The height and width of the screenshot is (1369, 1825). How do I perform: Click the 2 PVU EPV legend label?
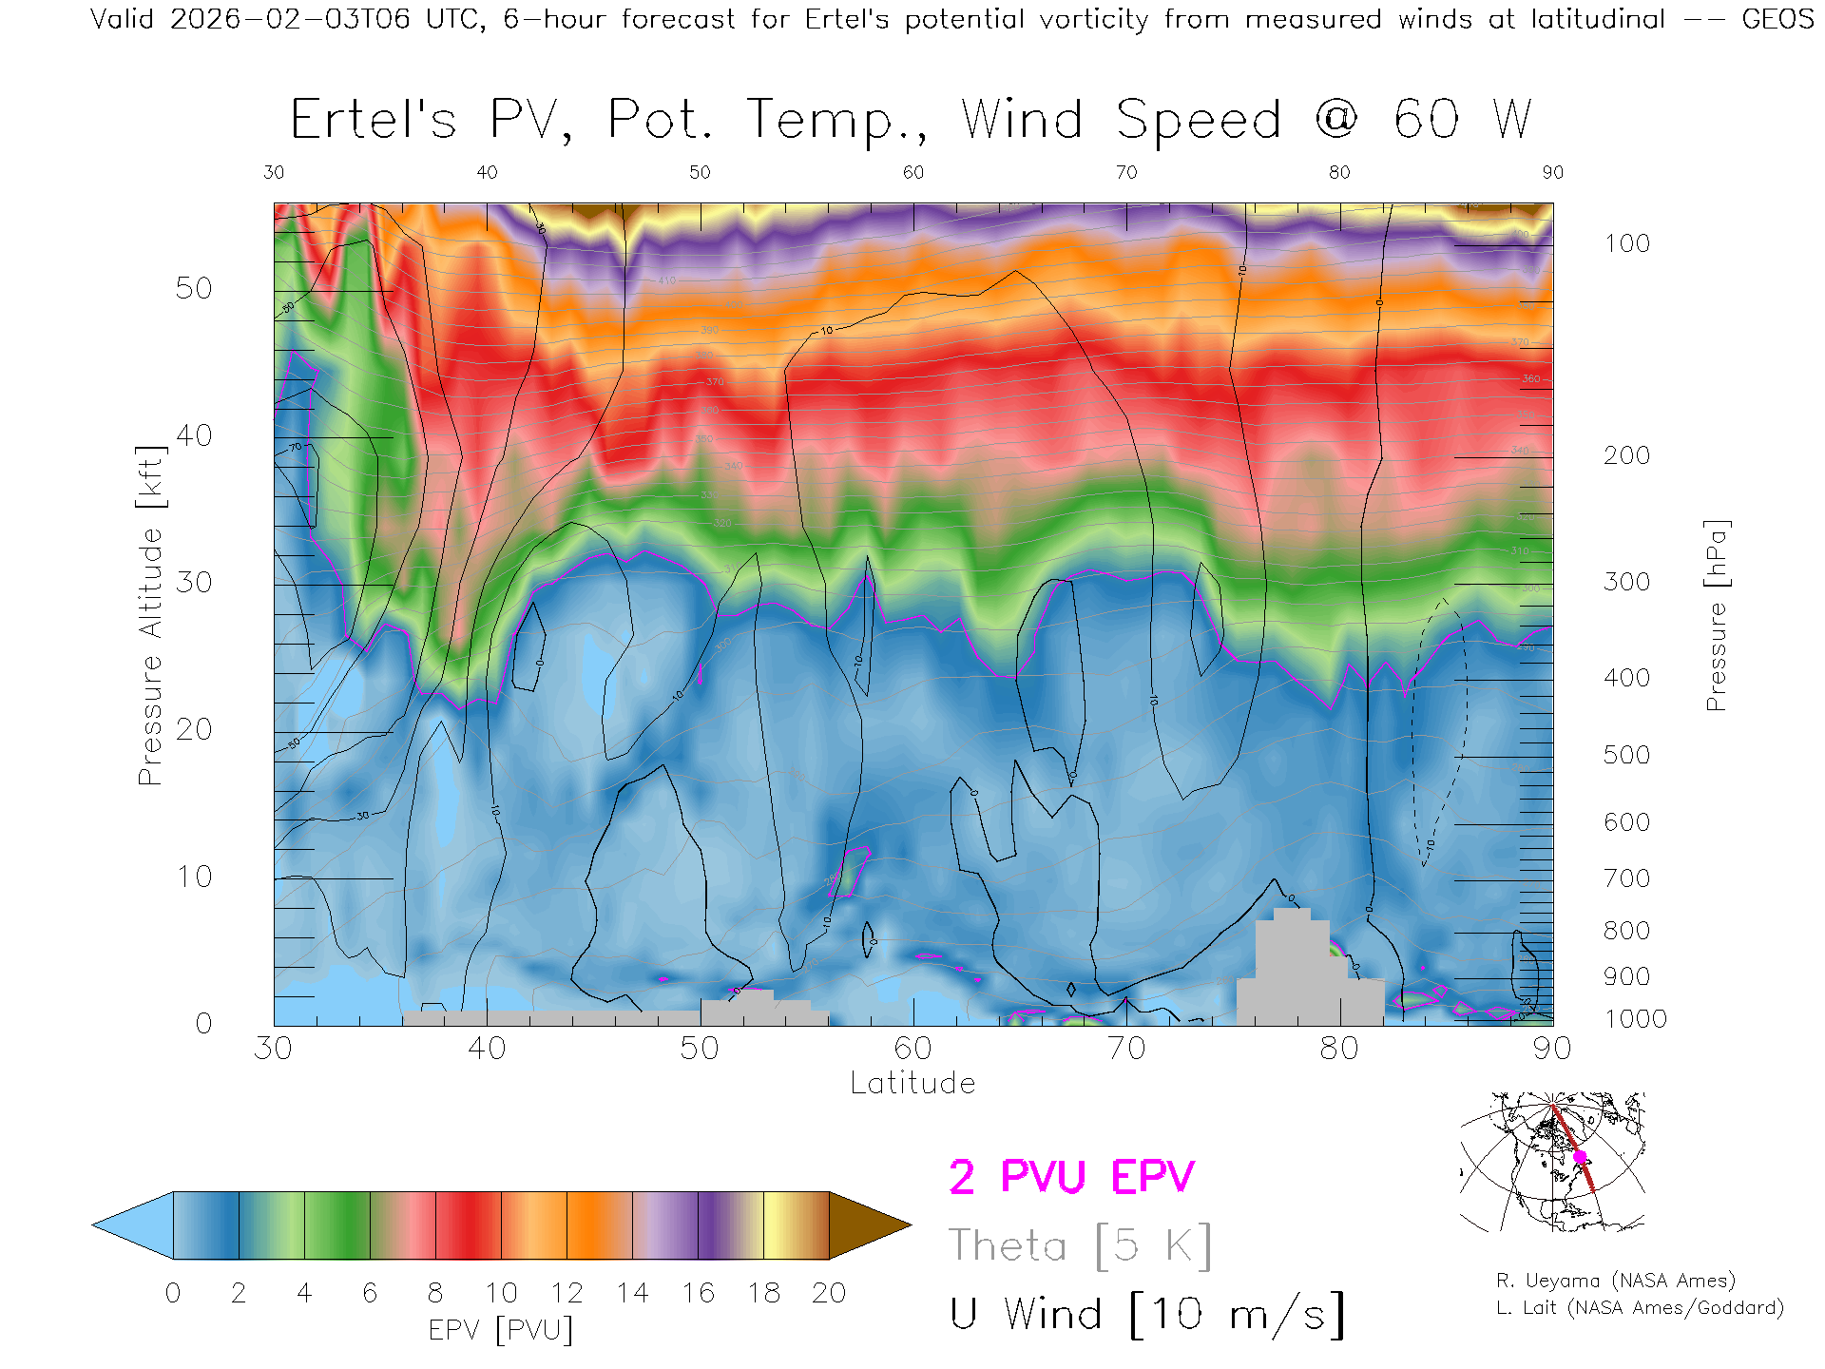click(x=1071, y=1177)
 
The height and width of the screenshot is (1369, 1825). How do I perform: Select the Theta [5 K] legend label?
click(x=1079, y=1245)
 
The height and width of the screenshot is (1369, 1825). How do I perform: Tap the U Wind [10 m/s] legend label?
click(x=1146, y=1314)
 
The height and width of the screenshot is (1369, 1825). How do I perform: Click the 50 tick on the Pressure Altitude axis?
click(x=194, y=288)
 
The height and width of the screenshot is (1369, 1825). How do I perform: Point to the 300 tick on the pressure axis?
click(x=1626, y=582)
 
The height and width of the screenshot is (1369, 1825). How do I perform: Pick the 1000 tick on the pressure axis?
click(x=1635, y=1019)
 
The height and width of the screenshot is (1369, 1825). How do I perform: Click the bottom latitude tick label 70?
click(x=1126, y=1049)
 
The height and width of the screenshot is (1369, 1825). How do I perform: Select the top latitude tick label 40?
click(x=487, y=172)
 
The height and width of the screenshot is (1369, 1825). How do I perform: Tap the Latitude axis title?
click(x=912, y=1083)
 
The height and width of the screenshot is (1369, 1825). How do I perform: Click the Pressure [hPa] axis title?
click(x=1716, y=615)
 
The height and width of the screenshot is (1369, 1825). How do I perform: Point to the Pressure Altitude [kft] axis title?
click(x=150, y=615)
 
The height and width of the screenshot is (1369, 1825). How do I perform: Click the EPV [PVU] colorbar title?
click(x=500, y=1330)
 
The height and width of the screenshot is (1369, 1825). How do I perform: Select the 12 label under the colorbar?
click(x=567, y=1293)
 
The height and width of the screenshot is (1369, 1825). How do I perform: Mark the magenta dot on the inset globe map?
click(x=1580, y=1157)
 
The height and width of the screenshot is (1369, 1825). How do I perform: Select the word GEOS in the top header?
click(x=1777, y=19)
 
